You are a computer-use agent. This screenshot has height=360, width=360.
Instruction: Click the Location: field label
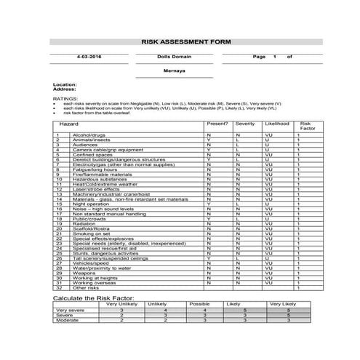point(65,84)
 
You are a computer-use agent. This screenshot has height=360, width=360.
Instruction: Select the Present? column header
point(217,124)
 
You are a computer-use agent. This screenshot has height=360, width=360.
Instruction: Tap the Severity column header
point(245,124)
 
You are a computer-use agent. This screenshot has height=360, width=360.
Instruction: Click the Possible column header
point(199,304)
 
